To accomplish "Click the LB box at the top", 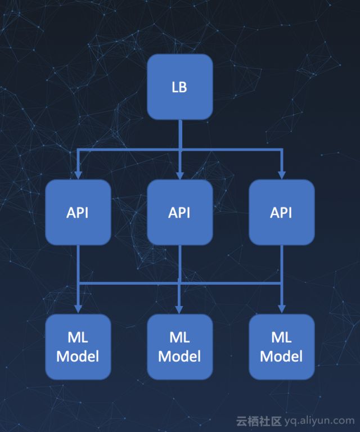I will [179, 87].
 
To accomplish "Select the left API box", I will [78, 212].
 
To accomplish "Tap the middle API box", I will [179, 212].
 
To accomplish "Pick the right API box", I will [281, 212].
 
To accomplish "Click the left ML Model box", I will [78, 346].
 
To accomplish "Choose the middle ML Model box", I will [179, 346].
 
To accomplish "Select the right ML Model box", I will [281, 346].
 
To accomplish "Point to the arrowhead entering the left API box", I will [78, 174].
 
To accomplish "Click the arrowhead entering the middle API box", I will [179, 174].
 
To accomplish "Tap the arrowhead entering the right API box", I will [281, 174].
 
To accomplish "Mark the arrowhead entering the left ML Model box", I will [78, 308].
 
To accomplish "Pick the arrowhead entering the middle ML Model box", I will [179, 308].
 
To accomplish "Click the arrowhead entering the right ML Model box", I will [281, 308].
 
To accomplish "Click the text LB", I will [179, 87].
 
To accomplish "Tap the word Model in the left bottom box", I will [78, 356].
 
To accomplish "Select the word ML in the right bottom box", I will [281, 337].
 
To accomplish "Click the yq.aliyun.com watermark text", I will [320, 420].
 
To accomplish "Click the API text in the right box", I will [281, 213].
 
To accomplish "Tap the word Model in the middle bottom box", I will [179, 356].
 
